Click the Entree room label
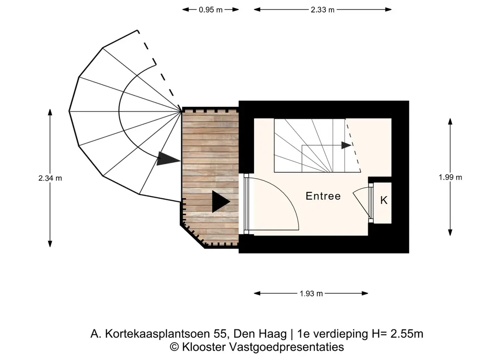(x=323, y=196)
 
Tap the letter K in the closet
(x=383, y=200)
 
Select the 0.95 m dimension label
(x=210, y=10)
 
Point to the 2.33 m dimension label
(x=322, y=10)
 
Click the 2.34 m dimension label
(x=50, y=178)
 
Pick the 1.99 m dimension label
(x=450, y=177)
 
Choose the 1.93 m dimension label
(x=311, y=293)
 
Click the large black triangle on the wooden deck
(x=221, y=202)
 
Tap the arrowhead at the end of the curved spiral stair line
(x=168, y=159)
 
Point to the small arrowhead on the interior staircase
(x=346, y=145)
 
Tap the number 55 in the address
(x=221, y=334)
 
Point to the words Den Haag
(x=260, y=334)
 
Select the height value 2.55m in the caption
(x=407, y=334)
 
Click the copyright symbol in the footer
(x=174, y=347)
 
